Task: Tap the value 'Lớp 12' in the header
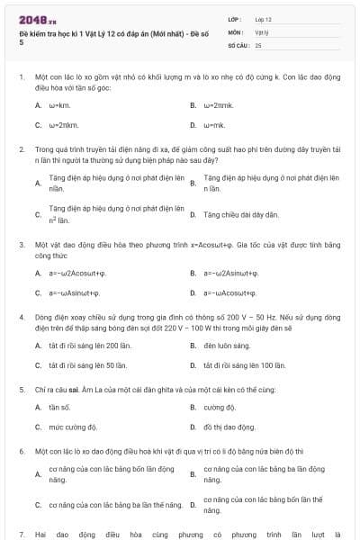point(264,19)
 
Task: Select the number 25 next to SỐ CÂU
point(258,44)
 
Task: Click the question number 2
point(21,150)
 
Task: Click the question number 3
point(21,244)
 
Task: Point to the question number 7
point(21,534)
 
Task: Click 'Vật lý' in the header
point(262,31)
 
